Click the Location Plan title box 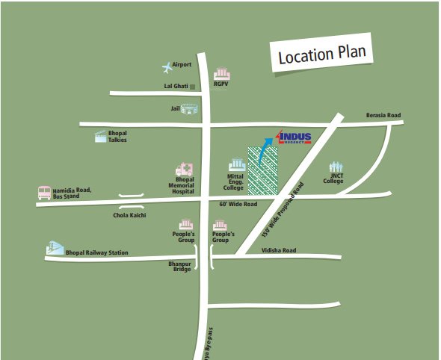(321, 55)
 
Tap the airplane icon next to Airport (166, 68)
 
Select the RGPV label (220, 84)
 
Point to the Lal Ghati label (176, 87)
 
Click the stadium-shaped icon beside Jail (193, 109)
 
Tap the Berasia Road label (383, 115)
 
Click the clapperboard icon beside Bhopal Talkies (99, 136)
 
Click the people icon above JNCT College (336, 167)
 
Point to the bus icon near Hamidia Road (45, 193)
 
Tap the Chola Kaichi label (129, 215)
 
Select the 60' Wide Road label (238, 204)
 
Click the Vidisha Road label (279, 250)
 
